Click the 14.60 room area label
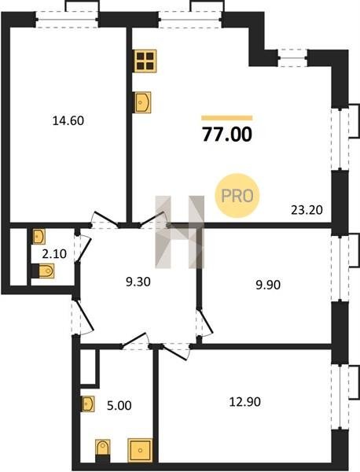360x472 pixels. (x=68, y=121)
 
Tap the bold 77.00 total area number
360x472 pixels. (x=227, y=135)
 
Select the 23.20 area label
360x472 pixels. (x=307, y=210)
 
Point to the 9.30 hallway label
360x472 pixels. (x=138, y=282)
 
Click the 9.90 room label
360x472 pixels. (x=268, y=285)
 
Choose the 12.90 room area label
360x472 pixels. (x=244, y=402)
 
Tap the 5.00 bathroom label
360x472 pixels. (x=119, y=405)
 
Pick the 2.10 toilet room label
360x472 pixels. (x=54, y=254)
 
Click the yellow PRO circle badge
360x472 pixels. (x=237, y=196)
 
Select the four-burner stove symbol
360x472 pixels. (x=145, y=61)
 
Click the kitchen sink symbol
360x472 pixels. (x=141, y=102)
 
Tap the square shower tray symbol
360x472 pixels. (x=140, y=450)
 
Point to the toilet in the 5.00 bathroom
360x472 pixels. (x=102, y=451)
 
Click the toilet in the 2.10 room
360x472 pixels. (x=42, y=271)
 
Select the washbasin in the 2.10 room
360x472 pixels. (x=39, y=236)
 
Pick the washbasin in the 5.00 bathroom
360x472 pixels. (x=88, y=404)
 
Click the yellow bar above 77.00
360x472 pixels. (x=227, y=118)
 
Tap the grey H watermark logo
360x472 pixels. (x=179, y=232)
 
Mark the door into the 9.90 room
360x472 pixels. (x=205, y=323)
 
